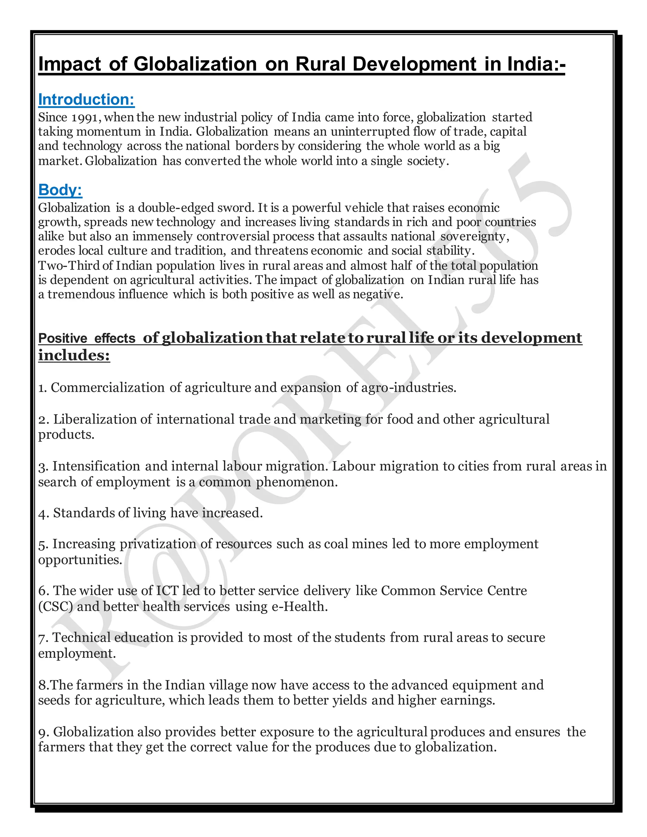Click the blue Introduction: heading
[86, 99]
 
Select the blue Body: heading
[60, 190]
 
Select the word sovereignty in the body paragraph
[474, 237]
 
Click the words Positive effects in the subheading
[87, 338]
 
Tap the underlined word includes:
[74, 355]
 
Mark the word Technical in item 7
[81, 637]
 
